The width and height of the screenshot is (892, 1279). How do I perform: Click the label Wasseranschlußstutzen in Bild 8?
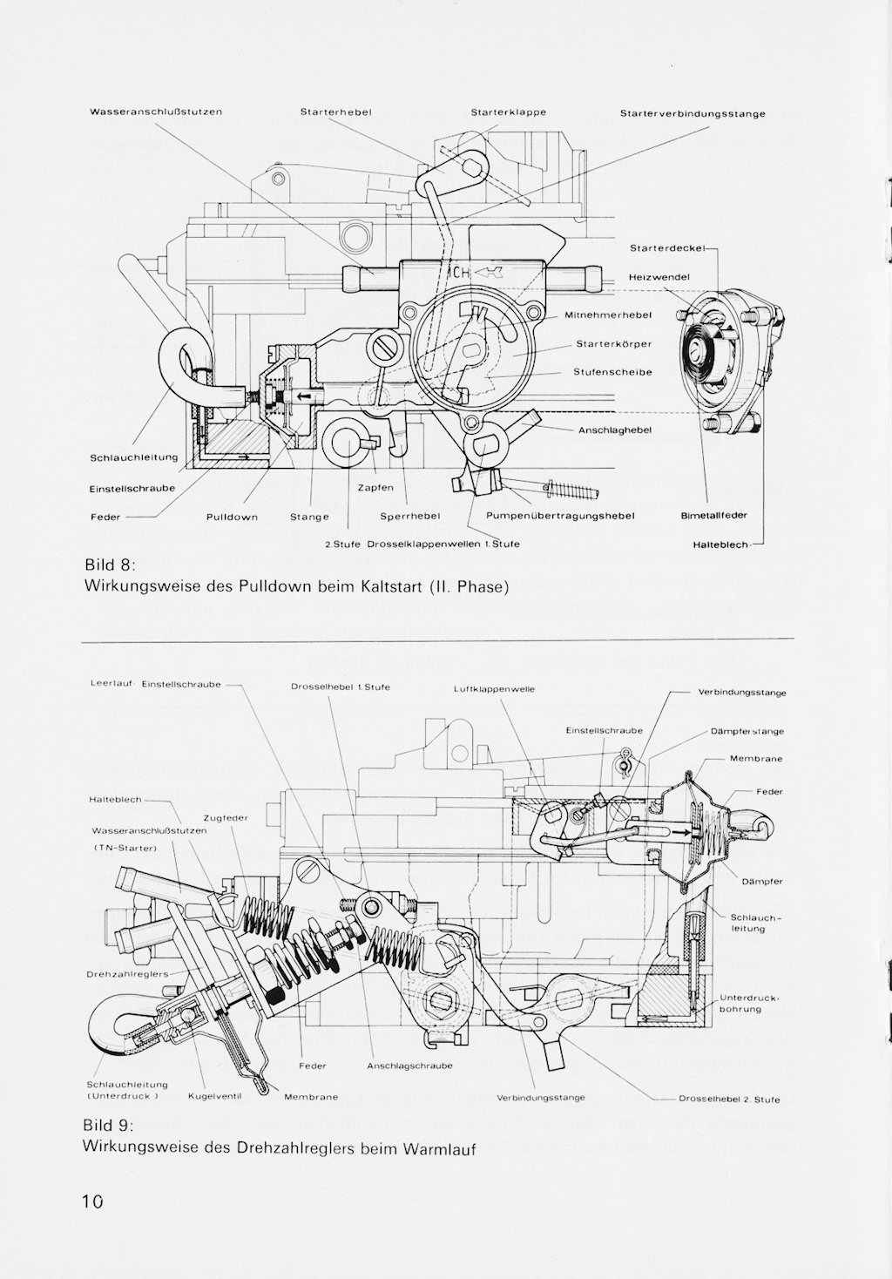[x=156, y=112]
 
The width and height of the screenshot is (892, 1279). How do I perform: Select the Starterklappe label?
[x=508, y=112]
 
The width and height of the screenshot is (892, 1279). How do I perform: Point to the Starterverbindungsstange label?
[x=693, y=114]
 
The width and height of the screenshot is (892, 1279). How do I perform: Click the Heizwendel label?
[x=659, y=277]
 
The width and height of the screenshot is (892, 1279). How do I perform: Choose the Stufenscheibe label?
[x=612, y=372]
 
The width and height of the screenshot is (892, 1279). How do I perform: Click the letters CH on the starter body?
[x=461, y=273]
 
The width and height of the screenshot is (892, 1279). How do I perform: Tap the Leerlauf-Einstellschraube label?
[x=155, y=684]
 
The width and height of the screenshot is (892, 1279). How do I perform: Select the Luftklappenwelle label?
[x=494, y=689]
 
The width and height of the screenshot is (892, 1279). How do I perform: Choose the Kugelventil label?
[x=213, y=1097]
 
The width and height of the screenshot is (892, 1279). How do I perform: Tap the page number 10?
[x=92, y=1202]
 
